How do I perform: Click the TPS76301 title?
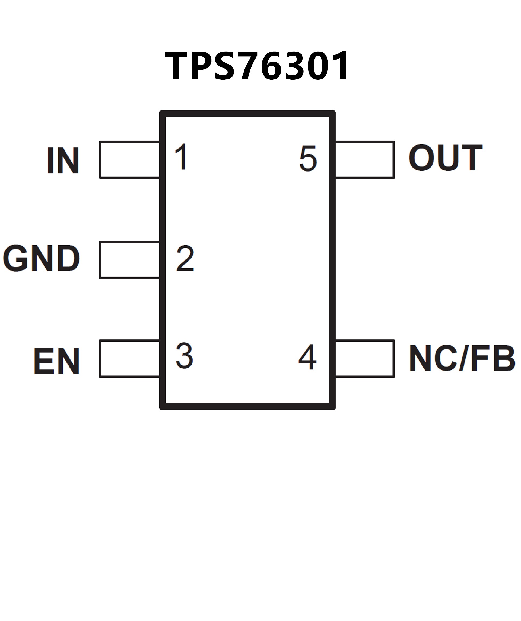tap(257, 66)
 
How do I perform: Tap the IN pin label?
tap(63, 160)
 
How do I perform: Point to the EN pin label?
tap(56, 361)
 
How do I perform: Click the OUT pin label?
tap(446, 157)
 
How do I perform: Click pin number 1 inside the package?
tap(182, 157)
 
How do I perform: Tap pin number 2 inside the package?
tap(185, 258)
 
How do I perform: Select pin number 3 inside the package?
tap(184, 355)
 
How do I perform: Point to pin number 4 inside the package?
tap(307, 357)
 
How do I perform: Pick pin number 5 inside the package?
tap(308, 159)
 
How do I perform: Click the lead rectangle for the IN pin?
tap(130, 160)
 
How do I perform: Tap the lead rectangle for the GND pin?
tap(130, 260)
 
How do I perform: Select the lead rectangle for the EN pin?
tap(130, 358)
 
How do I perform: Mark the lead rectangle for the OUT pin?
tap(365, 160)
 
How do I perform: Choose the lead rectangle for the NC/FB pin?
tap(365, 358)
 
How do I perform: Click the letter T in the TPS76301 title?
tap(176, 66)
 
